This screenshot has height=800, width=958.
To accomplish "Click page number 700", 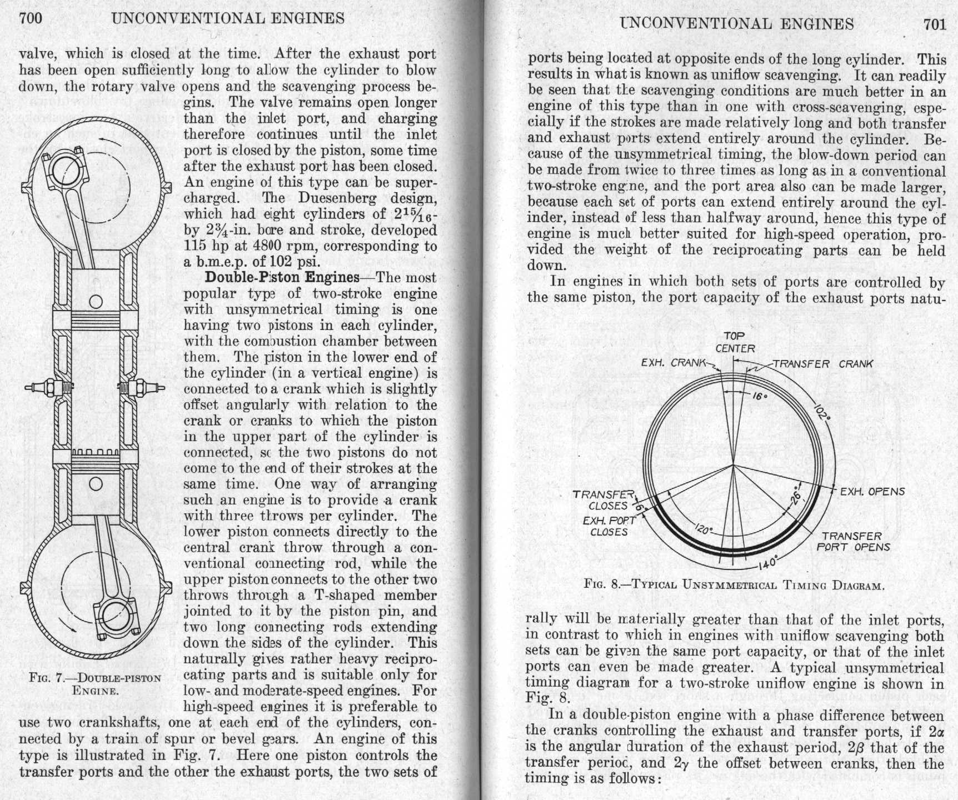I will click(x=31, y=19).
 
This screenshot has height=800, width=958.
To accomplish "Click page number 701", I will click(x=934, y=24).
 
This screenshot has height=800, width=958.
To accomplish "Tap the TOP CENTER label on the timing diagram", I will click(x=735, y=342).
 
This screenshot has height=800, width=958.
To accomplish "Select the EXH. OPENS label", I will click(x=872, y=492).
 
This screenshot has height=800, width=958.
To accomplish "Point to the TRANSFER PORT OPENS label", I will click(x=852, y=541).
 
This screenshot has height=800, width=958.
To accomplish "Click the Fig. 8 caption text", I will click(x=734, y=585).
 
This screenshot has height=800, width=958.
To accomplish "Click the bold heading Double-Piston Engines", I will click(x=282, y=277).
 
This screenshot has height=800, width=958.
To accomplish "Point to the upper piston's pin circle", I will click(x=96, y=302).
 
